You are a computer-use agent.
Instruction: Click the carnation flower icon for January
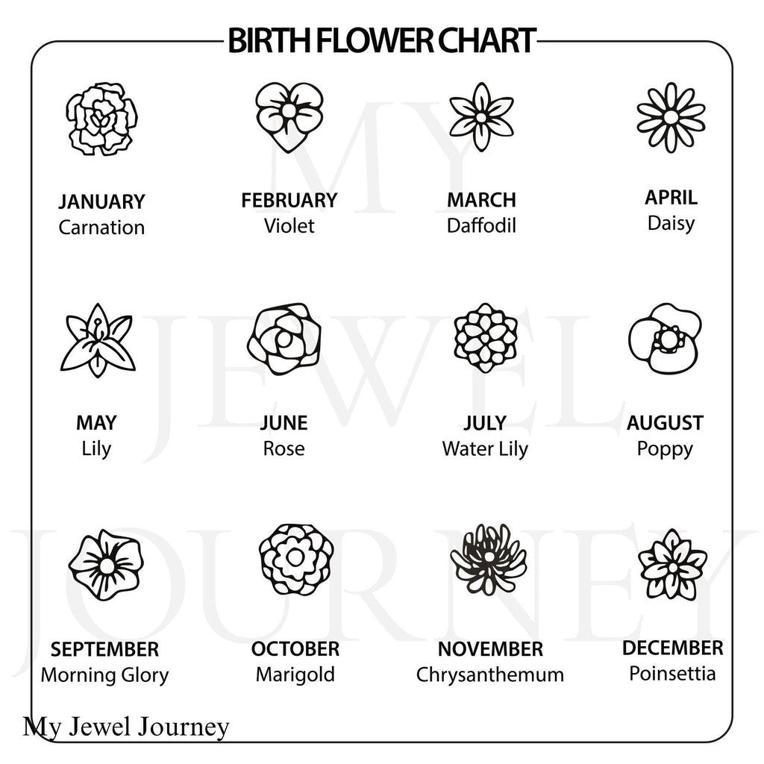(x=101, y=119)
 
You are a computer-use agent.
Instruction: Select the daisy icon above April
(x=671, y=117)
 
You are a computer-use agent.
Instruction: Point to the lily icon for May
(x=98, y=340)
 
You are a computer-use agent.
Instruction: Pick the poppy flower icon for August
(x=665, y=338)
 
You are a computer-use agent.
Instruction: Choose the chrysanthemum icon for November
(x=488, y=559)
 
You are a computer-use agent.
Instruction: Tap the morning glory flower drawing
(x=106, y=566)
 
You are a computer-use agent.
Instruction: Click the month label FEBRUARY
(x=289, y=200)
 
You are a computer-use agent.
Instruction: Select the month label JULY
(x=485, y=423)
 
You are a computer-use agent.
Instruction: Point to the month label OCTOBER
(x=295, y=649)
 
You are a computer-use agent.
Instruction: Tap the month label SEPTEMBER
(x=104, y=650)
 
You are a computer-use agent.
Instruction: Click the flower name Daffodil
(x=481, y=225)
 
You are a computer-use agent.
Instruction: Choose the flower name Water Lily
(x=485, y=448)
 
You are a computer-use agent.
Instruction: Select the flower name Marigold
(x=295, y=674)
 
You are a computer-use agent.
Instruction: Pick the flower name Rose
(x=284, y=448)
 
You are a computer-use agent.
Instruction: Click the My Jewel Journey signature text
(x=125, y=727)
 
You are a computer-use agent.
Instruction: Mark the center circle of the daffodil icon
(x=481, y=117)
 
